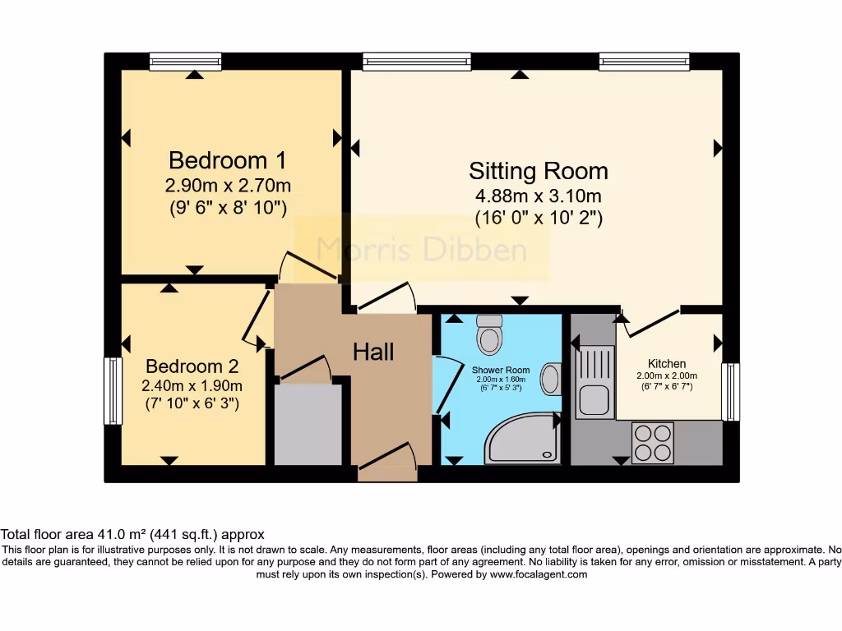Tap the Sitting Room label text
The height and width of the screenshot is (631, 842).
click(539, 171)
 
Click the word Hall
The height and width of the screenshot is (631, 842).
click(373, 352)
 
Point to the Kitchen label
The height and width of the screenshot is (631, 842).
click(666, 364)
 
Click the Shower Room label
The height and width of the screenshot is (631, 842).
click(501, 371)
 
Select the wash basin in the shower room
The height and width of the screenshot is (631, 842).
click(550, 380)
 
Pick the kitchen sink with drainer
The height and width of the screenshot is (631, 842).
click(594, 381)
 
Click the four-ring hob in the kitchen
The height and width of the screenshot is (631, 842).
click(652, 443)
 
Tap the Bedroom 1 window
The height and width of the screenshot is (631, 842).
click(185, 62)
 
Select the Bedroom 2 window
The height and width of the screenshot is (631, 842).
click(113, 390)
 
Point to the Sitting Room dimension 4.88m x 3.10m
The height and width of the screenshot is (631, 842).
click(539, 196)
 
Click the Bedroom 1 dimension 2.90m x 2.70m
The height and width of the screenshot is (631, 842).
click(228, 185)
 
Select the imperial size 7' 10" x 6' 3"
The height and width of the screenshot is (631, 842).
click(192, 403)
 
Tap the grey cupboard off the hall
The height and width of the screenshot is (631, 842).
click(308, 425)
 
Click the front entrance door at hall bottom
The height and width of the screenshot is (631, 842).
click(387, 464)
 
